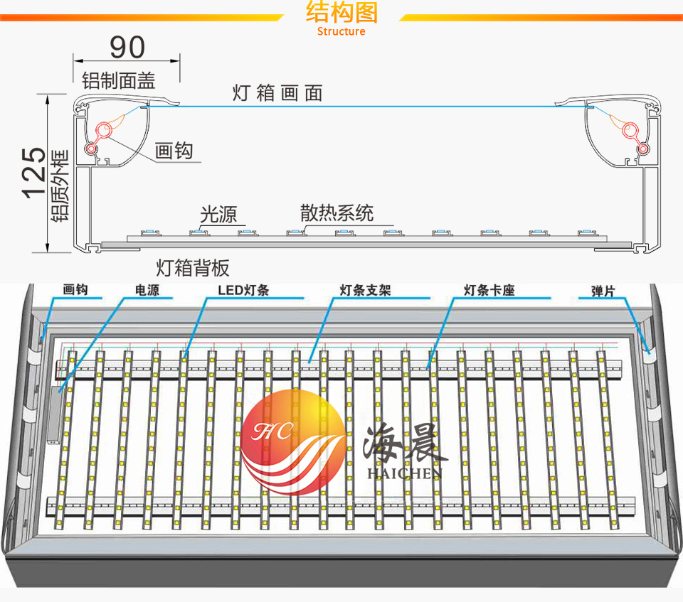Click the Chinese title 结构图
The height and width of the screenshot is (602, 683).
pos(341,13)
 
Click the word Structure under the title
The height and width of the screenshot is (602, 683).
pos(341,31)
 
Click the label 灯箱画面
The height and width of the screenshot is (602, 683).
pos(277,93)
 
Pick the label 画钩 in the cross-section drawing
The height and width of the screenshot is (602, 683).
pos(174,151)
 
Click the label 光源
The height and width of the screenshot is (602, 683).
pos(218,214)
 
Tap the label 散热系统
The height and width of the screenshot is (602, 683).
pos(337,213)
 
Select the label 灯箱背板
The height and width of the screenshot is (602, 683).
pos(193,268)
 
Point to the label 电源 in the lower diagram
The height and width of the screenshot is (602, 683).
pos(147,291)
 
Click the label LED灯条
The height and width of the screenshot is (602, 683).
pos(243,291)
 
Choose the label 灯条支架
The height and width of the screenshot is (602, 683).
pos(365,291)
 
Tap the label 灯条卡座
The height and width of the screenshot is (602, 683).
pos(488,291)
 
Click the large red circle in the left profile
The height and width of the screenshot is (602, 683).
pos(105,130)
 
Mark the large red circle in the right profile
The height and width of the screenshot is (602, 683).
pos(630,130)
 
